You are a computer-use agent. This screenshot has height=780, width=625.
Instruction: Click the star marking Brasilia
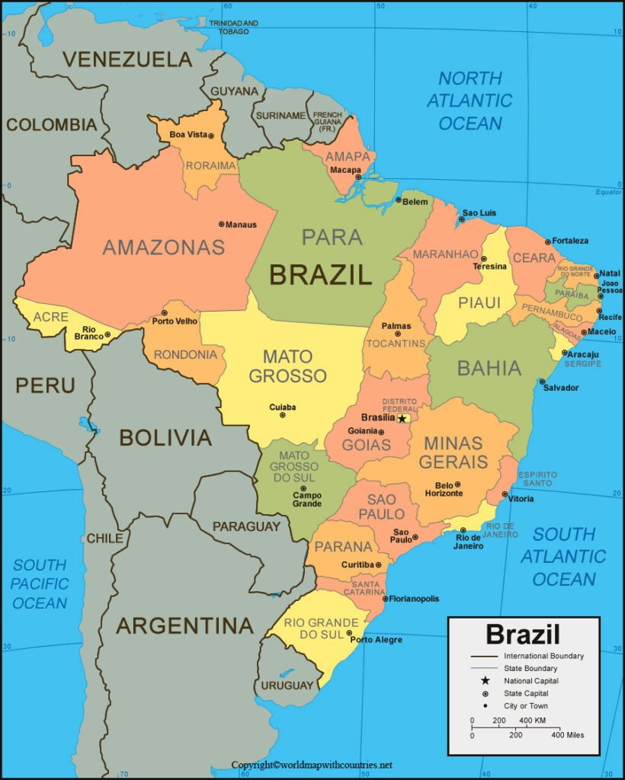tap(402, 418)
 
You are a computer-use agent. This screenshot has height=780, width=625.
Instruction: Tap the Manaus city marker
tap(221, 224)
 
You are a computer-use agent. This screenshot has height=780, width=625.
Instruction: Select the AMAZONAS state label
tap(164, 247)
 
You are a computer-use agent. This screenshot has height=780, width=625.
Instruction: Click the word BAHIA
tap(489, 369)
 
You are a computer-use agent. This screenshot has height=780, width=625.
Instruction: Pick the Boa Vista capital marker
tap(211, 136)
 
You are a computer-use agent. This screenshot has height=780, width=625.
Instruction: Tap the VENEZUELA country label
tap(127, 59)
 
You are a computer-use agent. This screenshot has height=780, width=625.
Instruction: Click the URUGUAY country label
tap(287, 685)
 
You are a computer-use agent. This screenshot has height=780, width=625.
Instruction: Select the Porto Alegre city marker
tap(350, 632)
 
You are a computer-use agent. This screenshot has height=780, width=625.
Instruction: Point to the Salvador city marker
tap(543, 381)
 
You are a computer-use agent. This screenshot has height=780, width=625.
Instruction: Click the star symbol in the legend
tap(484, 680)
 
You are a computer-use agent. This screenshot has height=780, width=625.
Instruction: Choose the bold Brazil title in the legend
tap(523, 634)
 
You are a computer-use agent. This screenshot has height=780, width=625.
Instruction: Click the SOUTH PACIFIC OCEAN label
tap(40, 583)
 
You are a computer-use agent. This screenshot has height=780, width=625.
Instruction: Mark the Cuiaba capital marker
tap(283, 415)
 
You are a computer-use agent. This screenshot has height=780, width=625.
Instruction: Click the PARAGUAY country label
tap(246, 526)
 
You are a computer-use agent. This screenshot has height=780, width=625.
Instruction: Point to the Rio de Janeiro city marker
tap(463, 530)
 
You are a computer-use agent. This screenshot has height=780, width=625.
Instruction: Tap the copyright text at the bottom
tap(312, 764)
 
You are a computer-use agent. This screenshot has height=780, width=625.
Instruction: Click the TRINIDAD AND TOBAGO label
tap(233, 27)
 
